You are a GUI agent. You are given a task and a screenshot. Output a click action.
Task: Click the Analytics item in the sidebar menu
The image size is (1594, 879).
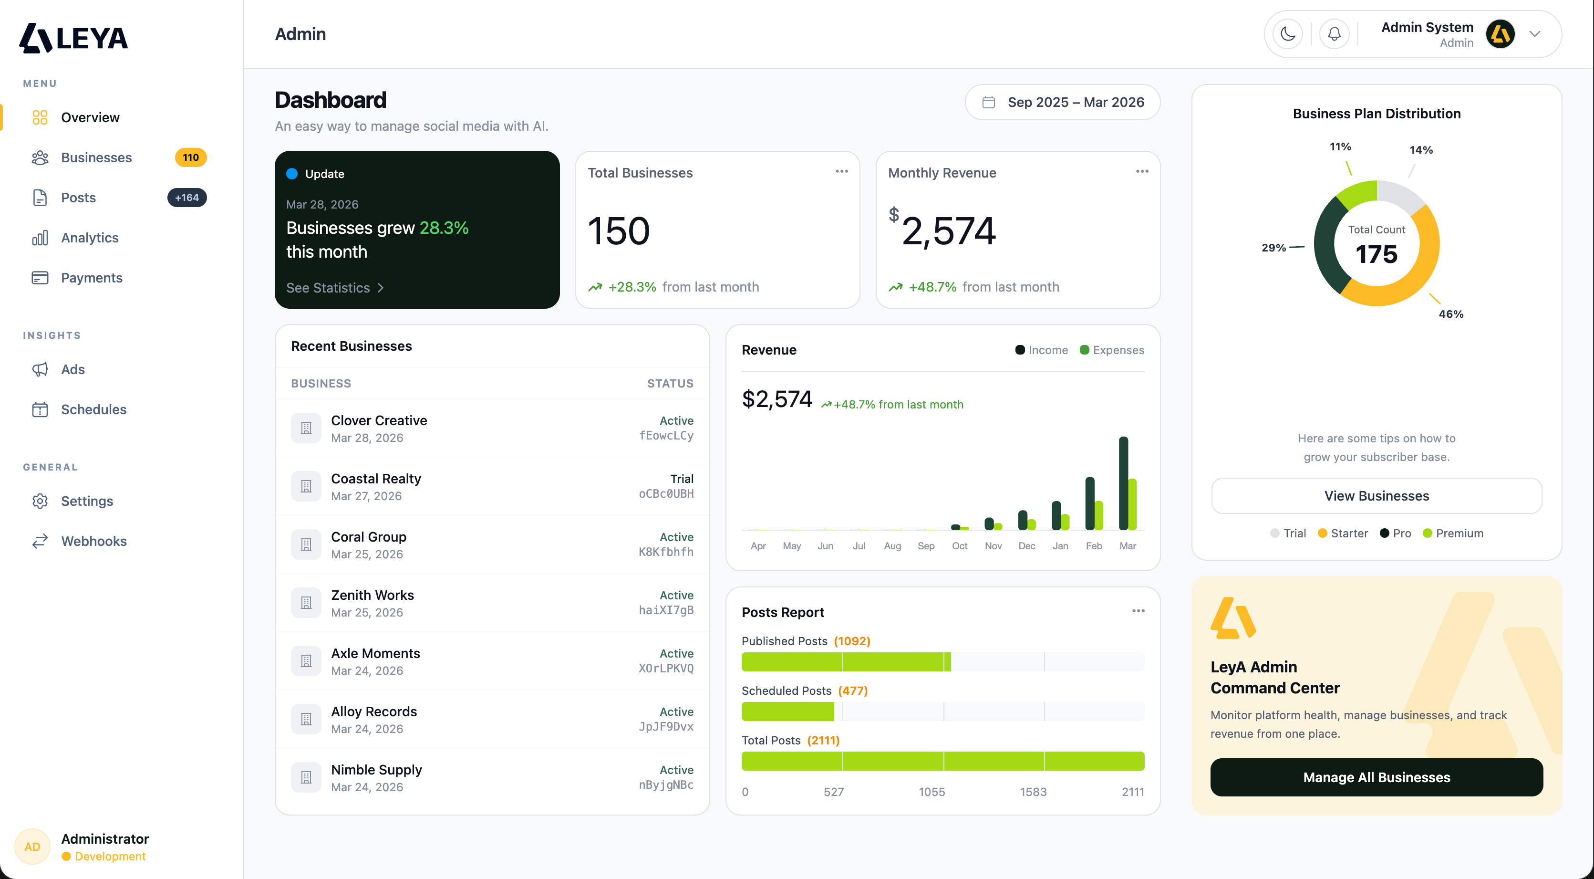(89, 238)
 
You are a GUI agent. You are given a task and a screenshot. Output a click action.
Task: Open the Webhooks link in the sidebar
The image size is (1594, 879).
(93, 541)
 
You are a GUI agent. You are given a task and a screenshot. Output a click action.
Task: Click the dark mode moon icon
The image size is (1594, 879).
(1288, 34)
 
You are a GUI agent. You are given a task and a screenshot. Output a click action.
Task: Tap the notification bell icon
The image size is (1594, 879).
(1334, 34)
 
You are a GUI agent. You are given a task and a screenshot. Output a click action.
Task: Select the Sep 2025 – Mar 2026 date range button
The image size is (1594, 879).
(1063, 102)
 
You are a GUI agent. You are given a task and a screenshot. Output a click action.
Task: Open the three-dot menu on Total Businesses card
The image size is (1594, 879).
(841, 171)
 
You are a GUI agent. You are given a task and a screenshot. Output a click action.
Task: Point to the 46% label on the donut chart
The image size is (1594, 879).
(1450, 314)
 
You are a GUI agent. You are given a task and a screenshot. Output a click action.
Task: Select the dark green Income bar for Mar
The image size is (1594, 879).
(1123, 483)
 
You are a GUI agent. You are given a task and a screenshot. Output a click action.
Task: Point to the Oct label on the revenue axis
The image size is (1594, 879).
(959, 546)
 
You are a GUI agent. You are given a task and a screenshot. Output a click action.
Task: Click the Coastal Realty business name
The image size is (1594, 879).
(375, 479)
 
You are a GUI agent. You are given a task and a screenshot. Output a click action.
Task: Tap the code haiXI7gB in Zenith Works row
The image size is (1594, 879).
(666, 610)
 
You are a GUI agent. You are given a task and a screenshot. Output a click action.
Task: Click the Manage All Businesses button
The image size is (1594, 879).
(1376, 777)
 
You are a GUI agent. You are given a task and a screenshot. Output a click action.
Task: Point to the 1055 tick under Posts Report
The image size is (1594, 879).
(932, 792)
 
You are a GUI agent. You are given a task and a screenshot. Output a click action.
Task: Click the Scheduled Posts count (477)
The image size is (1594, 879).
(853, 691)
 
